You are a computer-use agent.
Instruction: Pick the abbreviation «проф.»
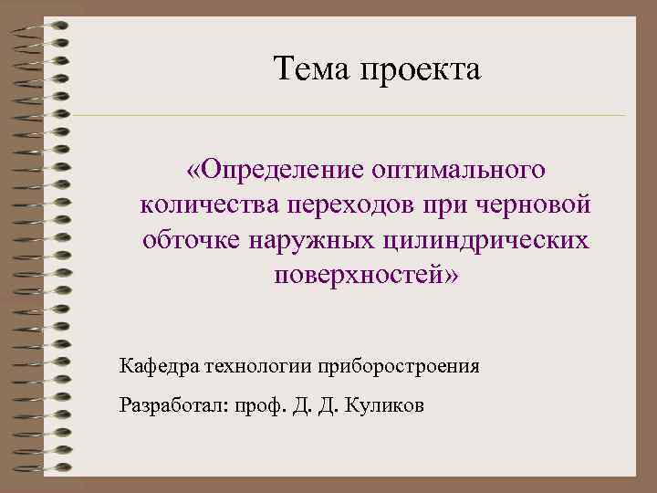259,406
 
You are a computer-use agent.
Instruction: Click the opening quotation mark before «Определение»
194,171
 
